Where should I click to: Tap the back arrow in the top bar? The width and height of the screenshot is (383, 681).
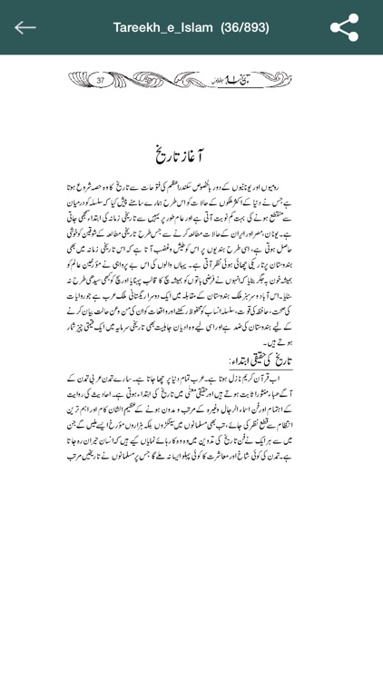coord(25,27)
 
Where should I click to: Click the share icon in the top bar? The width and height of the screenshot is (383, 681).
coord(344,27)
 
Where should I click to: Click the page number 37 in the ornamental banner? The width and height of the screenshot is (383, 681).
coord(100,80)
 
